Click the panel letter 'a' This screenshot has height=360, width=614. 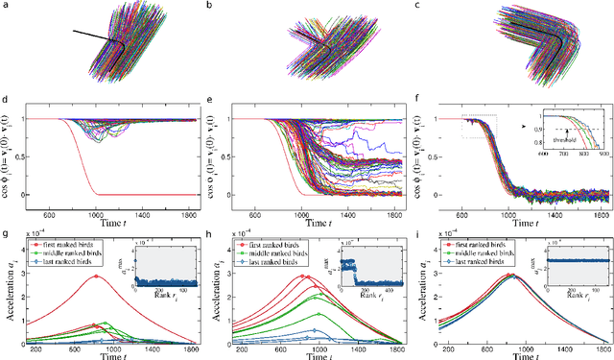[x=5, y=5]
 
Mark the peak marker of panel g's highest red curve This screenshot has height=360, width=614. [x=93, y=276]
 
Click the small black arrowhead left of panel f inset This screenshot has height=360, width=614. [x=526, y=121]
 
